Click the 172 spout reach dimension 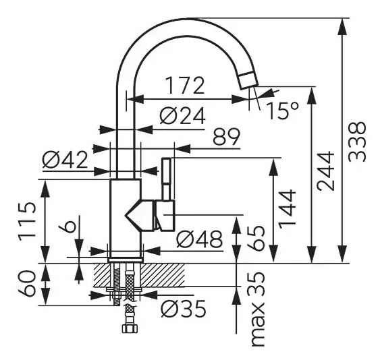click(185, 86)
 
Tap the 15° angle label click(283, 111)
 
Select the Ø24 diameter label click(182, 115)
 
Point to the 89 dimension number click(227, 137)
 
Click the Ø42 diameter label click(65, 160)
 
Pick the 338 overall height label click(357, 142)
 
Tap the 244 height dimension click(325, 171)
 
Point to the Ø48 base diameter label click(199, 239)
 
